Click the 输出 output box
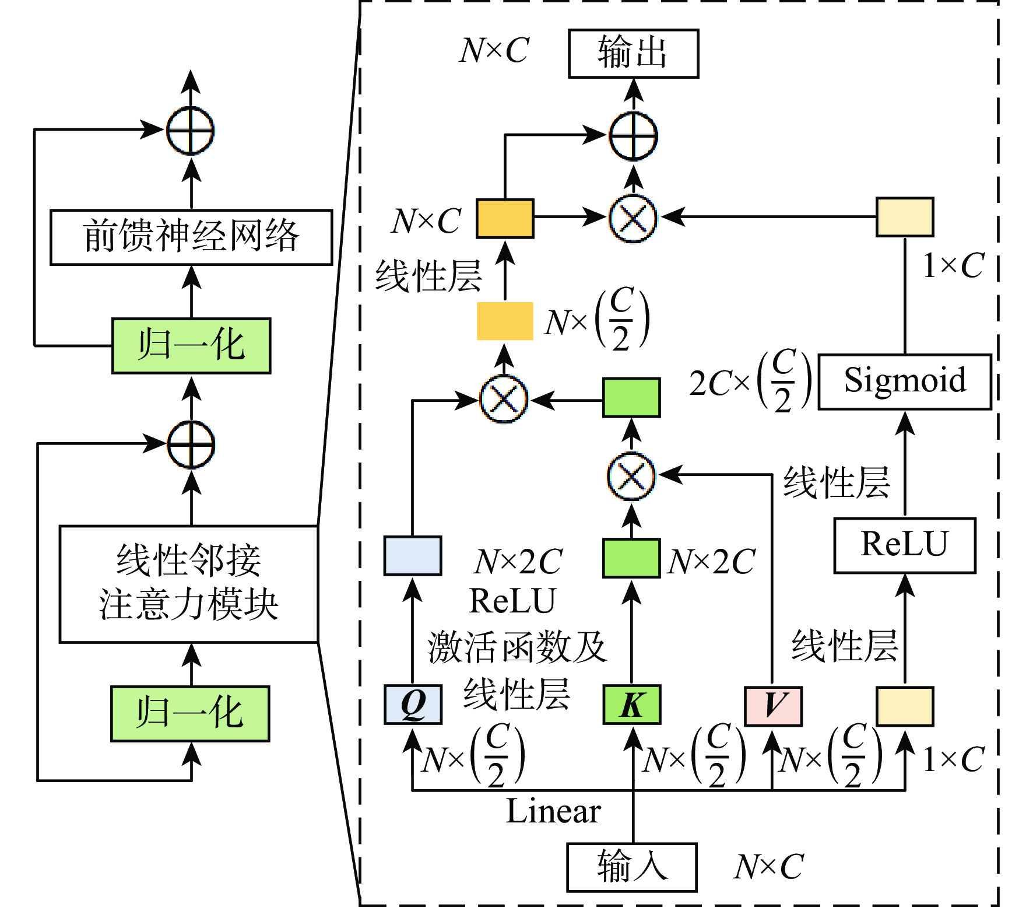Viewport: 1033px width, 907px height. pos(633,53)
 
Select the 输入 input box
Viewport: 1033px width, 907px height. pos(632,867)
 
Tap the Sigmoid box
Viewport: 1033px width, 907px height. pos(905,381)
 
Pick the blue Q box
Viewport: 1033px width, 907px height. pos(413,705)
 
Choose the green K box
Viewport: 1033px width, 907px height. pos(632,705)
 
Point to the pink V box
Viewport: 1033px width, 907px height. pos(773,706)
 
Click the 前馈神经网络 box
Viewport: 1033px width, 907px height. pos(191,237)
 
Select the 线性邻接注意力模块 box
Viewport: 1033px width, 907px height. pos(189,584)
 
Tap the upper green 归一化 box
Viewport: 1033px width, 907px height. pos(191,345)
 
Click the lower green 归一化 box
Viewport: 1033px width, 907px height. pos(190,713)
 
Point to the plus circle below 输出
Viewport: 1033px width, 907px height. pos(633,135)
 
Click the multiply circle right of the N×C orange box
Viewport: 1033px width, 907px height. pos(633,218)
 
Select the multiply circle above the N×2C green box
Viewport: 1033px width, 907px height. pos(631,475)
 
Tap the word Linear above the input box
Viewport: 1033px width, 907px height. pos(553,811)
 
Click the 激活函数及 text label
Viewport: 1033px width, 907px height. pos(516,647)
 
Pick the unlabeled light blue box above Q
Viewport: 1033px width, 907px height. pos(412,555)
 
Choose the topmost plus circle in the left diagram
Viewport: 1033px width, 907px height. pos(191,130)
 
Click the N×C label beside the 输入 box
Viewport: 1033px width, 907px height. pos(768,867)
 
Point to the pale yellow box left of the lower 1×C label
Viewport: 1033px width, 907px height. pos(905,706)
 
